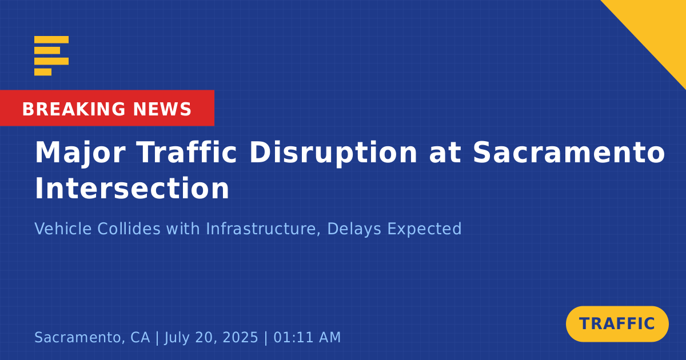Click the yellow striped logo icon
51,56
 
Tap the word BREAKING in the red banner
74,109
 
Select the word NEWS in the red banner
162,109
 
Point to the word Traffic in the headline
187,153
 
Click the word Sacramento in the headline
569,153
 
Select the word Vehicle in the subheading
63,229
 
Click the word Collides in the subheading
129,229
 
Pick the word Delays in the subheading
354,230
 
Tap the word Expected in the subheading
424,230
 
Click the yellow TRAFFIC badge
617,324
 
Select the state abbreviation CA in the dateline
140,337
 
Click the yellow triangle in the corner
659,27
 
